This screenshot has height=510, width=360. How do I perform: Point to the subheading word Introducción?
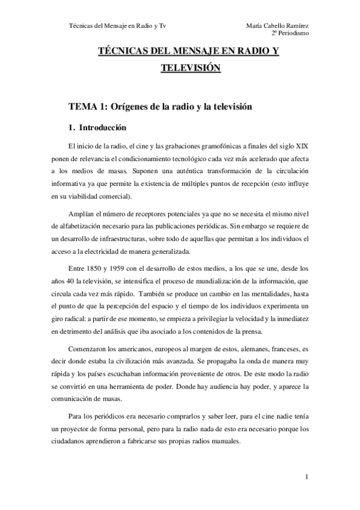coord(101,127)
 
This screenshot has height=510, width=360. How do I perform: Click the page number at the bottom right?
coord(307,478)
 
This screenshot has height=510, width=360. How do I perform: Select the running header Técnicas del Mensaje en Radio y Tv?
coord(109,25)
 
